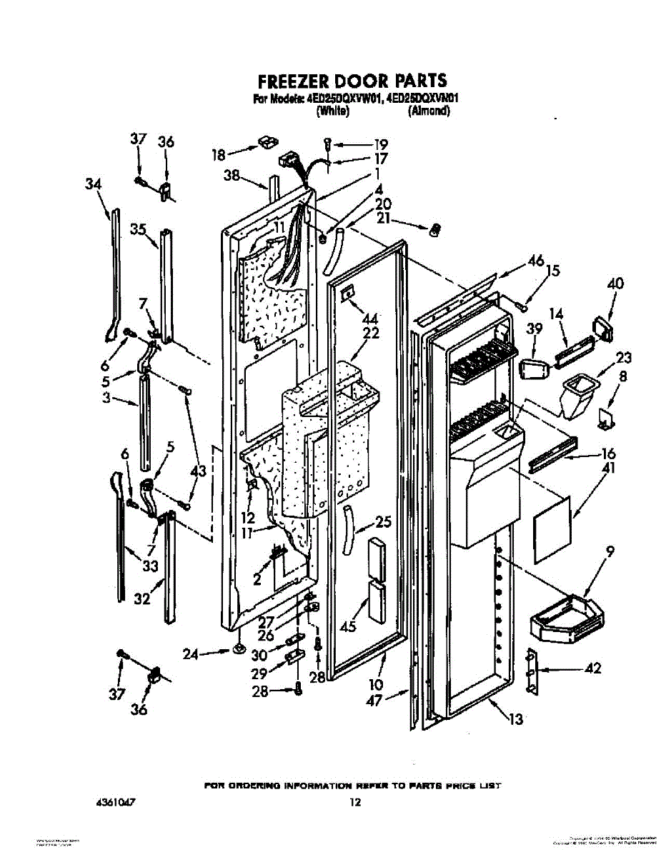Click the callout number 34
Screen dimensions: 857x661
tap(93, 184)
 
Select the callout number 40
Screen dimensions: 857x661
tap(615, 284)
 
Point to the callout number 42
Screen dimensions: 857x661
tap(592, 669)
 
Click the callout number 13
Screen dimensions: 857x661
tap(515, 718)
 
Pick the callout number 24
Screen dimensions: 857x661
tap(191, 653)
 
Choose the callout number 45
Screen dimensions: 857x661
tap(348, 626)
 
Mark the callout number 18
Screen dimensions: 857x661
tap(219, 154)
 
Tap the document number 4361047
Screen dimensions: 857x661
tap(115, 803)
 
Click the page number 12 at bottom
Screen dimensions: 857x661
tap(355, 803)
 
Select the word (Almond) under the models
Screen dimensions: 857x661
tap(429, 111)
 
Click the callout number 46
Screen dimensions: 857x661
tap(535, 261)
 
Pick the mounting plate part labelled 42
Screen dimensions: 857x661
tap(531, 671)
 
